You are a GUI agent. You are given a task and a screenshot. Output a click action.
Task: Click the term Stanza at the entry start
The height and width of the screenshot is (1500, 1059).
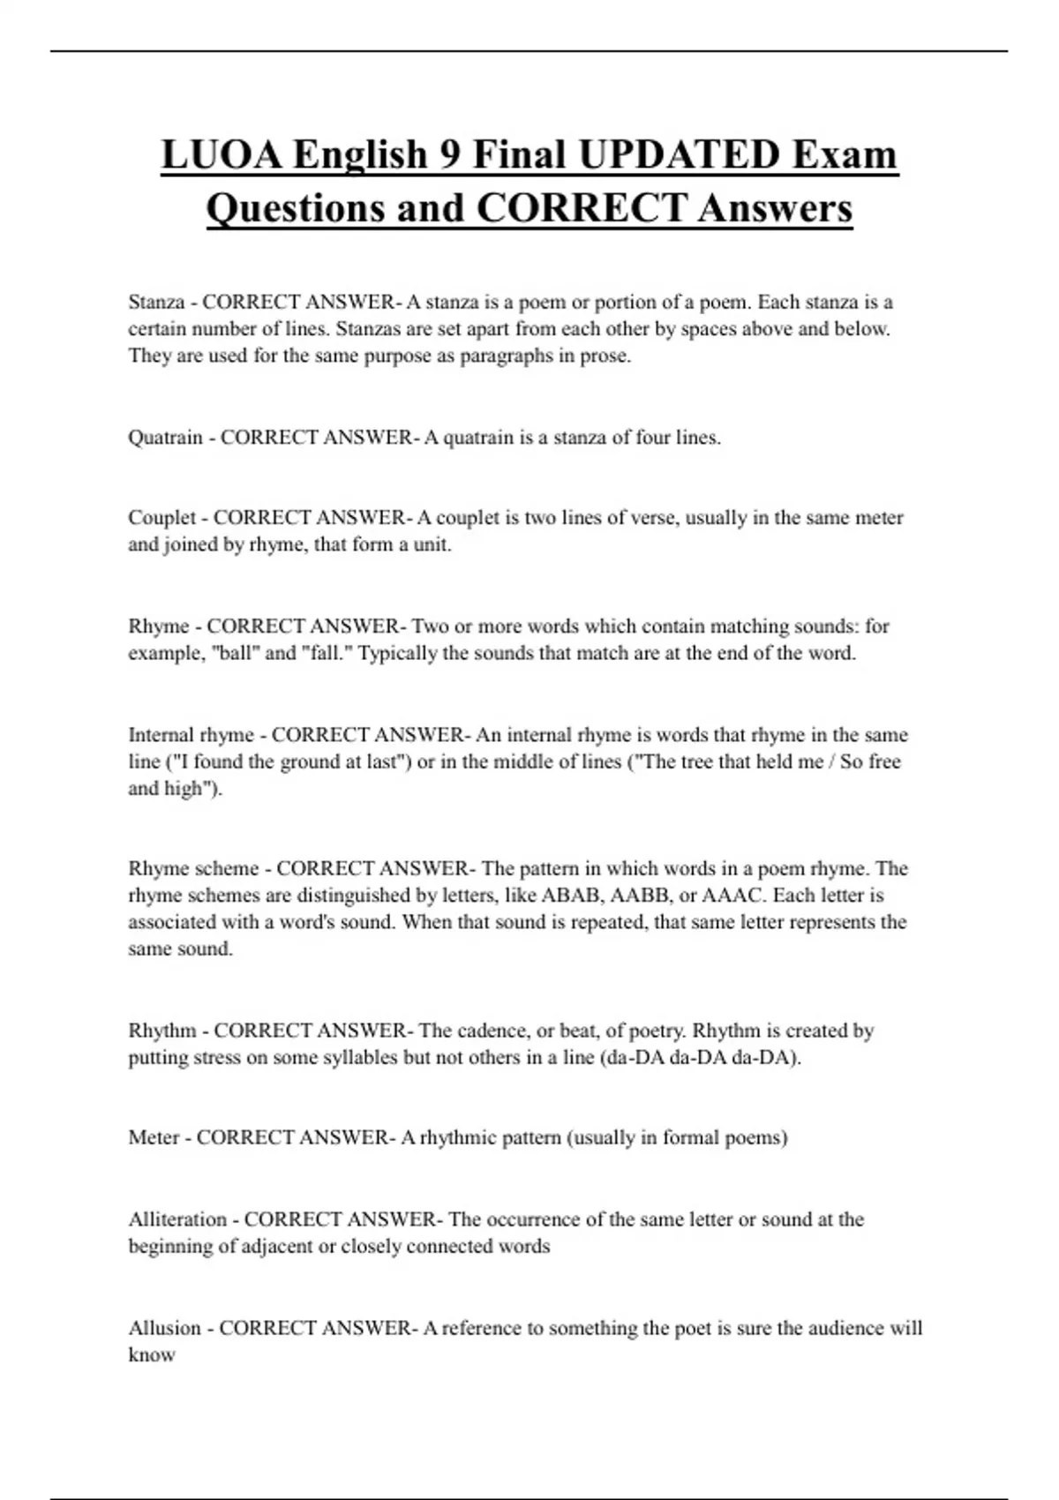pos(155,303)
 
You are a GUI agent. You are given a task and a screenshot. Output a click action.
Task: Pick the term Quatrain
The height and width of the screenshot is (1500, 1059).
pos(165,438)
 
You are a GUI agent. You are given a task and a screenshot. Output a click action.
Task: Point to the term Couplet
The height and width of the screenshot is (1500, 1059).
pos(161,518)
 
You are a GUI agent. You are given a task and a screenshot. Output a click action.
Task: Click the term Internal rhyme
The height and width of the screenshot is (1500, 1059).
pos(191,735)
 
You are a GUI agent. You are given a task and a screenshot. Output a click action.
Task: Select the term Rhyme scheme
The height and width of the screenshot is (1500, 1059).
pos(193,869)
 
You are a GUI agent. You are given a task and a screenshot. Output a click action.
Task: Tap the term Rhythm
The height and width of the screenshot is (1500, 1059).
pos(161,1031)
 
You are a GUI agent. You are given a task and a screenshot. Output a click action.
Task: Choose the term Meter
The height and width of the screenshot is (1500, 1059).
pos(154,1138)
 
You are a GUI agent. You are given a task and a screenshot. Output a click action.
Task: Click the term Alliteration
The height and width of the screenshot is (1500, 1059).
pos(177,1219)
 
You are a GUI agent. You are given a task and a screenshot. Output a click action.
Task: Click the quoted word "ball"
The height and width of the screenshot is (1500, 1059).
pos(236,654)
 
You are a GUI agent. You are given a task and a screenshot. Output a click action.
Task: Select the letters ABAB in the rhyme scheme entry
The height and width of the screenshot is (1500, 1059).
pos(569,896)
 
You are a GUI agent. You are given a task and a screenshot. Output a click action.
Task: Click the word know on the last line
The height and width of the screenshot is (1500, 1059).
pos(151,1355)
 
